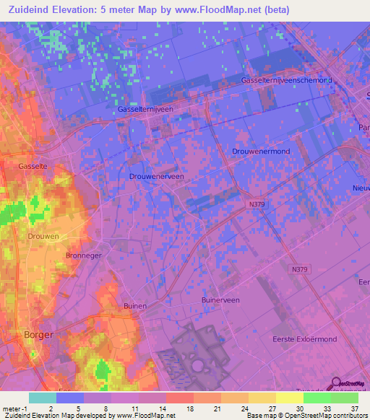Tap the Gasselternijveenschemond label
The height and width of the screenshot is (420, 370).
(287, 81)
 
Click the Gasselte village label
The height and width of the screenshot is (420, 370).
(33, 166)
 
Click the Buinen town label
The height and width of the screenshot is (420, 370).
(135, 306)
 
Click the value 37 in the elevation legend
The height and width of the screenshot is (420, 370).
(354, 408)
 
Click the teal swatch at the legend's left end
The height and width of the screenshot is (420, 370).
(43, 398)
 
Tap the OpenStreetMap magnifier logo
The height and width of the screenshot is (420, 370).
(335, 383)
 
